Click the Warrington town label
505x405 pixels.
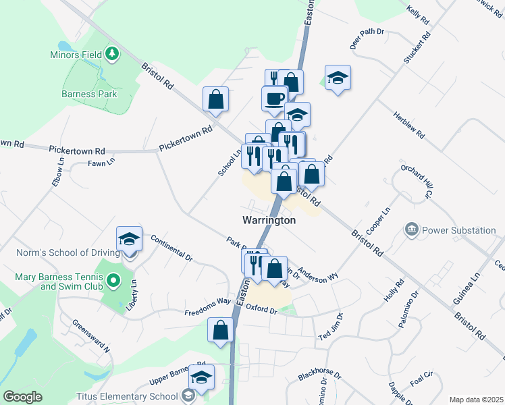pos(269,221)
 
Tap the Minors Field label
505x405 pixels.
pos(75,54)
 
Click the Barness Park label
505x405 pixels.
pos(90,94)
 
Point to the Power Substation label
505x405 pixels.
pos(459,230)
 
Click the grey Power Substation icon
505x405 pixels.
pos(411,230)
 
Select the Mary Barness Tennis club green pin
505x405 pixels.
pos(113,279)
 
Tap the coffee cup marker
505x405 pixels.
pos(274,99)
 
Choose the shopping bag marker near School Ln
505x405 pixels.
pos(215,99)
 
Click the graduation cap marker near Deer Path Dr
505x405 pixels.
pos(337,78)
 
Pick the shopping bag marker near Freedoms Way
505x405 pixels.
pos(220,330)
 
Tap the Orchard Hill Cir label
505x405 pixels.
pos(416,182)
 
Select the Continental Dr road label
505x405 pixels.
pos(171,248)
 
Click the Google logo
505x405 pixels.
pos(23,397)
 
